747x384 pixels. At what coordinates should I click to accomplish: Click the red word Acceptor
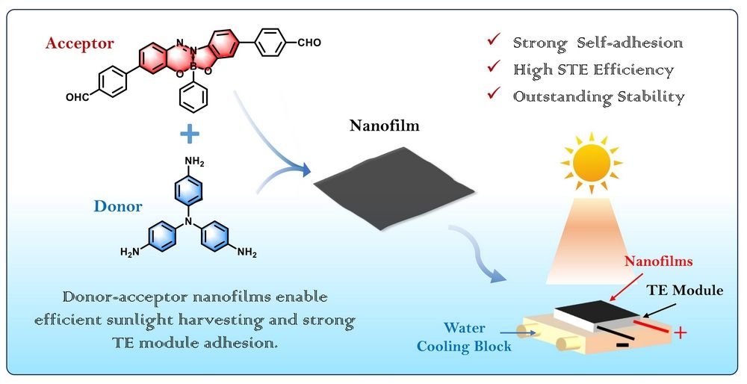80,43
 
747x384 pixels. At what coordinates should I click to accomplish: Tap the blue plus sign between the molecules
191,135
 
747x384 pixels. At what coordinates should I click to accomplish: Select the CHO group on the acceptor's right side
309,42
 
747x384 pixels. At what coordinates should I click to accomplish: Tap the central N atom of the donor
190,222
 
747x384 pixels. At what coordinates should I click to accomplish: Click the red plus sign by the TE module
681,332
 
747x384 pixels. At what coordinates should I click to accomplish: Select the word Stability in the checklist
649,96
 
